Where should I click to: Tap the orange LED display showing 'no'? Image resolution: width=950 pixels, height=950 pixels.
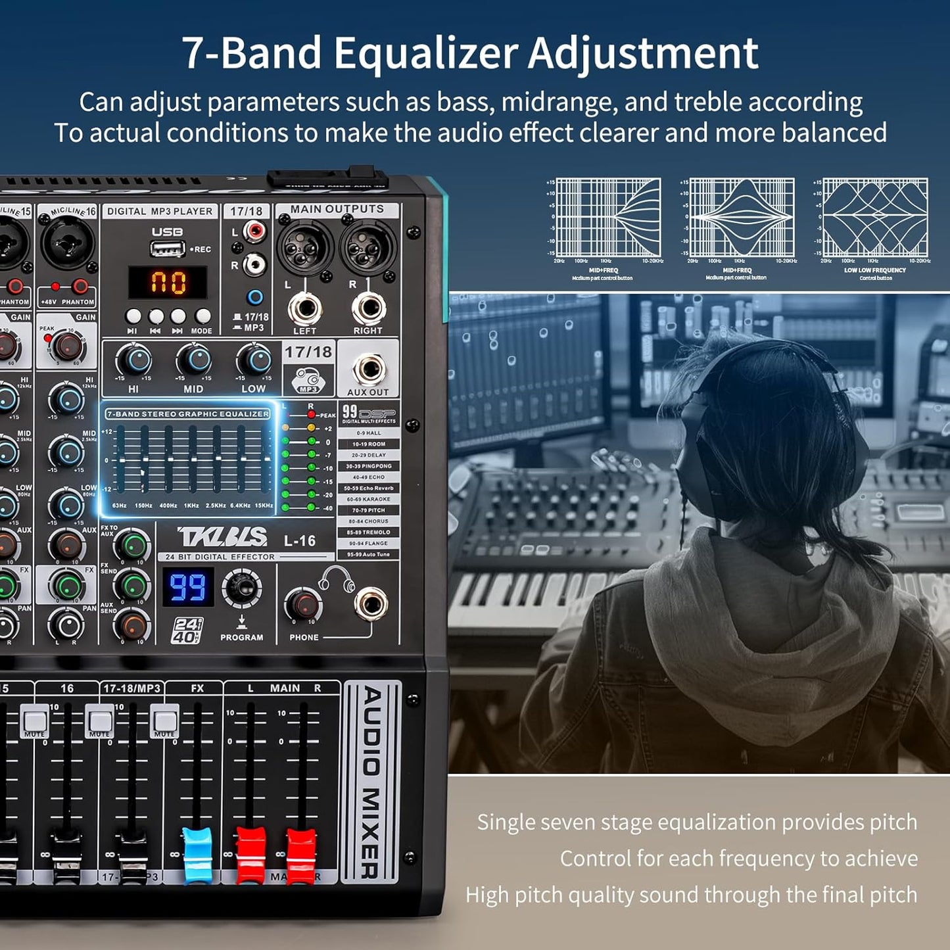[168, 283]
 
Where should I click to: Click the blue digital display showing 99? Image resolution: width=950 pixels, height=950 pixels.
[188, 587]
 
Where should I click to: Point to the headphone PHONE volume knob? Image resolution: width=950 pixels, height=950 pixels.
[304, 605]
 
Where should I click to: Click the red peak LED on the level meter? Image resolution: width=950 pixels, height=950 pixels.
[311, 415]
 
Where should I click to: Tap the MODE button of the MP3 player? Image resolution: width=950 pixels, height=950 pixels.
[202, 316]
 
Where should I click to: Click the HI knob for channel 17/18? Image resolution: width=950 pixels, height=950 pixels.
[134, 360]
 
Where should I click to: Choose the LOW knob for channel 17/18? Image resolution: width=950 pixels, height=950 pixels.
[254, 360]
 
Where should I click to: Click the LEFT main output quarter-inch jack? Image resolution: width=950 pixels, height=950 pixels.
[305, 308]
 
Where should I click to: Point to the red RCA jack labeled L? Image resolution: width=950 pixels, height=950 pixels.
[254, 231]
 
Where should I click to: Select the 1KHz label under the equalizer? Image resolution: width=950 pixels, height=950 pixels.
[191, 506]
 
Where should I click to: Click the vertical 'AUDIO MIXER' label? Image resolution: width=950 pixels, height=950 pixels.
[371, 782]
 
